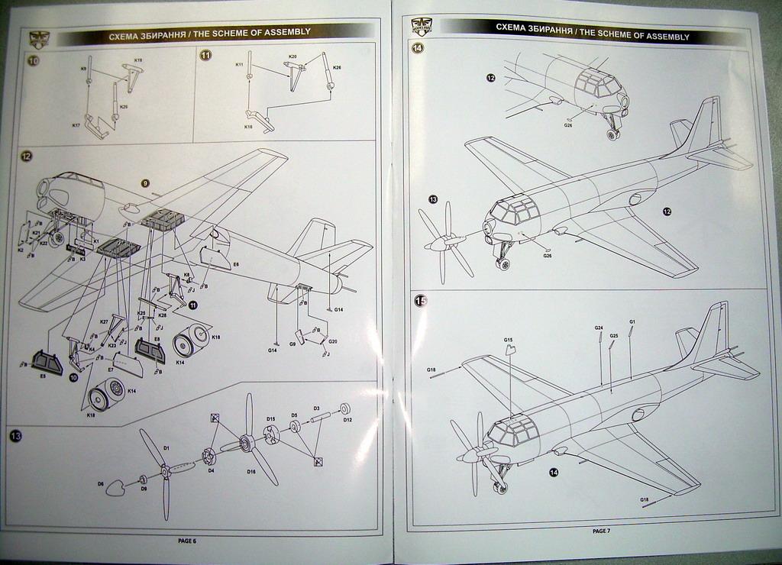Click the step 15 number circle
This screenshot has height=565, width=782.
pos(420,301)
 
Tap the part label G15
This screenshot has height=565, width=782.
pos(508,340)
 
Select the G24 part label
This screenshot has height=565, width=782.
pos(599,328)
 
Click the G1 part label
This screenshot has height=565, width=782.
pos(632,322)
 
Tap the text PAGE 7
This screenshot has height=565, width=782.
pos(601,531)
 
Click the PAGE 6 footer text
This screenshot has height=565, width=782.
pos(187,541)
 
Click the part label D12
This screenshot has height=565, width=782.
pos(347,419)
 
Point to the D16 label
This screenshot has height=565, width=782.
pos(250,471)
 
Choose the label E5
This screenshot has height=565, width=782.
pos(43,376)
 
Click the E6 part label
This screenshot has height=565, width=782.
pos(236,264)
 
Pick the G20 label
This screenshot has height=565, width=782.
pos(332,341)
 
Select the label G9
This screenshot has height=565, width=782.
pos(292,344)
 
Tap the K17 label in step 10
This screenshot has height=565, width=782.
pos(76,124)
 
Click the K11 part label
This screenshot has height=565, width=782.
pos(239,65)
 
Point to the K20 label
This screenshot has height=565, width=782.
pos(292,57)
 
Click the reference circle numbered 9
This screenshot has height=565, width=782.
pos(144,183)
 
